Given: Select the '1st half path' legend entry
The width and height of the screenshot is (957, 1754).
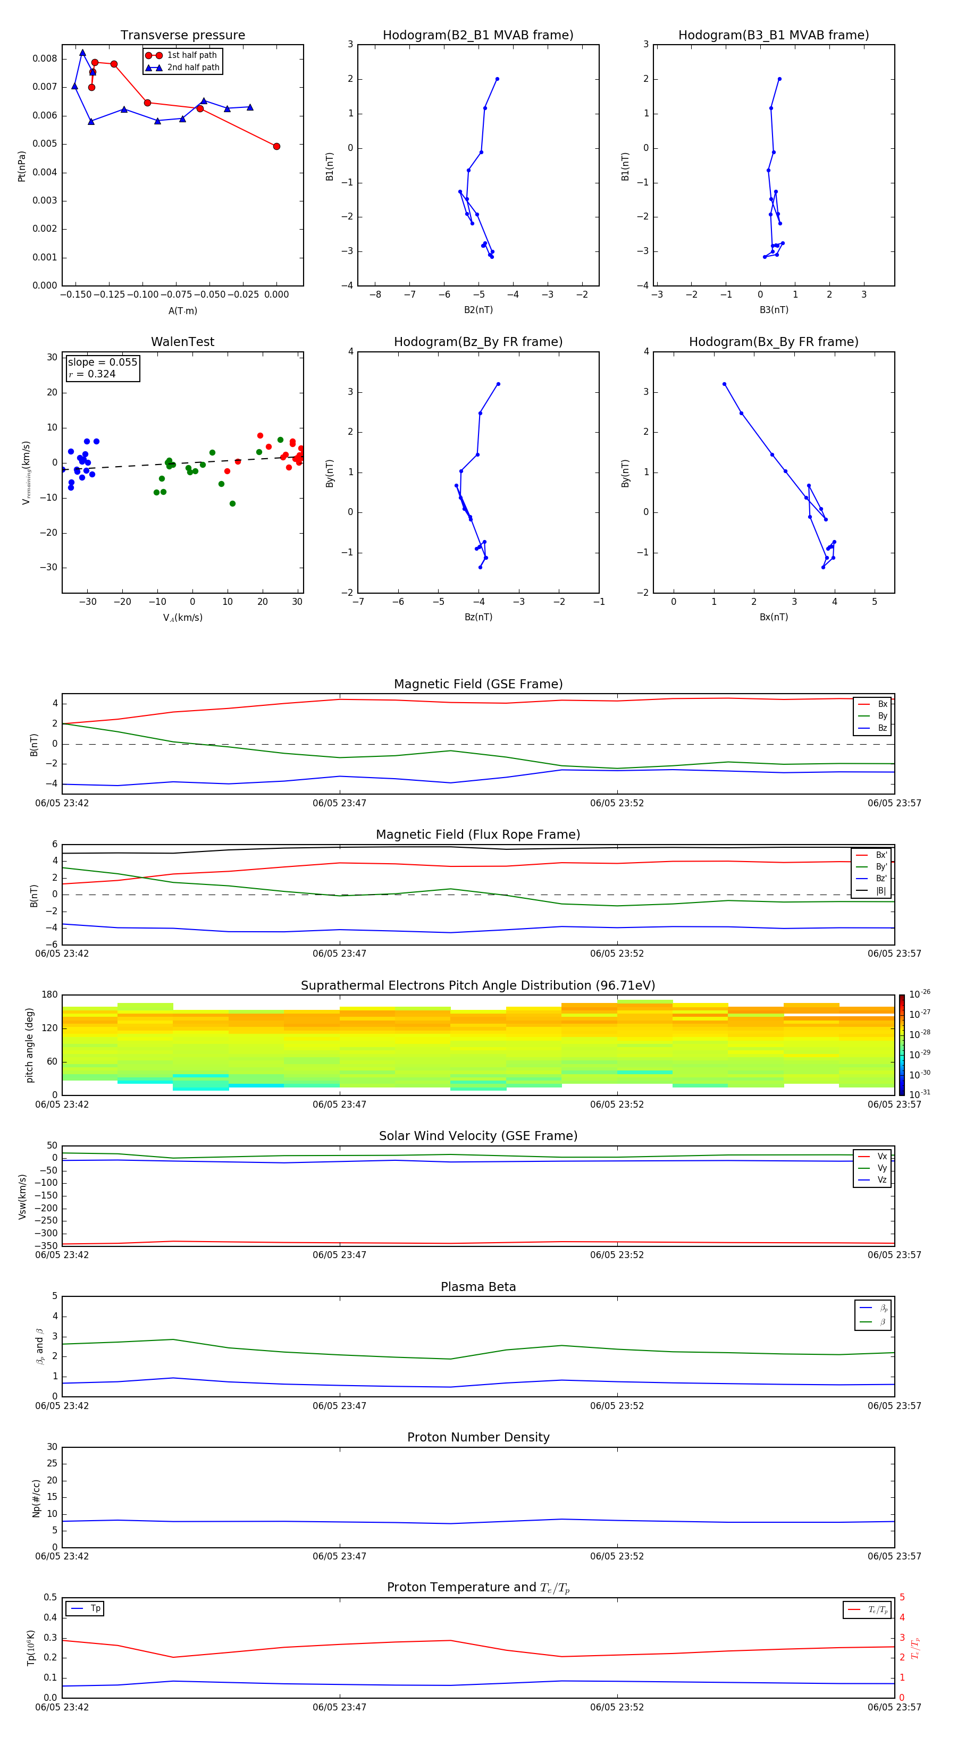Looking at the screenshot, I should pos(191,55).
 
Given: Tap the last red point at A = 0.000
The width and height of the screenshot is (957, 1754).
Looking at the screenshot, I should pos(276,146).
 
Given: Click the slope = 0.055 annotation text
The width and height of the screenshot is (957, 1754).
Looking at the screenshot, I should pos(102,362).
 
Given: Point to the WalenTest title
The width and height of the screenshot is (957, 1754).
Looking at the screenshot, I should pos(182,342).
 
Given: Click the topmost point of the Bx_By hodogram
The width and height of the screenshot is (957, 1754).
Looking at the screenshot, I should pos(724,384).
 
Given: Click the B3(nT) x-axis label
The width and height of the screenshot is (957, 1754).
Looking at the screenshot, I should pos(774,310).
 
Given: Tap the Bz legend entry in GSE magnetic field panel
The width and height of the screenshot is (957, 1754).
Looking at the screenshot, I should pos(882,728).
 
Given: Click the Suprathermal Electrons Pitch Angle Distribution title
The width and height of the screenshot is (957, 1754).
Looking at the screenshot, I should pos(477,985).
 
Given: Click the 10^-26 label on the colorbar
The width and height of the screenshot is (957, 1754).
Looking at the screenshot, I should pos(920,994).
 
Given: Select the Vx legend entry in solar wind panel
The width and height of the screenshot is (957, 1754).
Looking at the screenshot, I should pos(882,1156).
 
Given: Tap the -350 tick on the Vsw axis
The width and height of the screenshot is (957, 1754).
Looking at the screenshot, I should pos(48,1246).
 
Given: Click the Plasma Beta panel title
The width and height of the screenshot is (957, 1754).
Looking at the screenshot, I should pos(477,1287).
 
